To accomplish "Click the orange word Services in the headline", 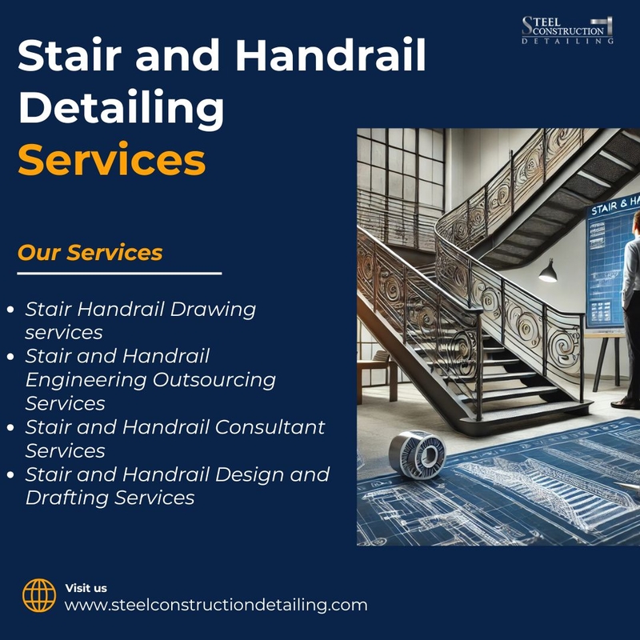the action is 111,159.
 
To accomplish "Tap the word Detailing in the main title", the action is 122,108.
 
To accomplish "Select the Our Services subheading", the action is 90,252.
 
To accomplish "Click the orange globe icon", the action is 39,595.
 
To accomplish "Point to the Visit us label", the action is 86,588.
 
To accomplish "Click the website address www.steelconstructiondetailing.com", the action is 216,605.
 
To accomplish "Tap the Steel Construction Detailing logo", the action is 567,30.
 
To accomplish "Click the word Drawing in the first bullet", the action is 213,310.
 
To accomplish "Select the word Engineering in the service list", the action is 86,381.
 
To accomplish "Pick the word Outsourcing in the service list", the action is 214,380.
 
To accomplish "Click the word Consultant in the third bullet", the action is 270,427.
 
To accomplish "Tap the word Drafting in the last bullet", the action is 67,498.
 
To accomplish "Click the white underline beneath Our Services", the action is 119,274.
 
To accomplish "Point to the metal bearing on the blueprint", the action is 417,453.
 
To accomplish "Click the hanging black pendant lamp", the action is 548,271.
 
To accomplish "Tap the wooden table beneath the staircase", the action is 377,374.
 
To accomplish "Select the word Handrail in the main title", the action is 331,55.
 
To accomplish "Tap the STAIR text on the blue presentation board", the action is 604,209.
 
